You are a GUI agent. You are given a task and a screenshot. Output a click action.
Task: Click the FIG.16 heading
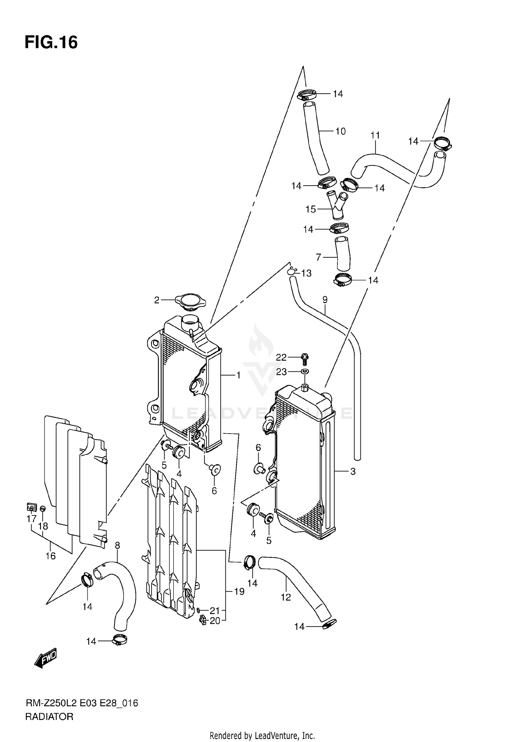pyautogui.click(x=51, y=42)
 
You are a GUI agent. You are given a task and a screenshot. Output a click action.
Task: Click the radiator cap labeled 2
pyautogui.click(x=191, y=302)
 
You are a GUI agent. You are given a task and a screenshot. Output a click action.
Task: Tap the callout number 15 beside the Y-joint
pyautogui.click(x=310, y=209)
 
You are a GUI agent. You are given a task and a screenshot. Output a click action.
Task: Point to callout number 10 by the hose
pyautogui.click(x=340, y=131)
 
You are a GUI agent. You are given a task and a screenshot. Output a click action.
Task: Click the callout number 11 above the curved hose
pyautogui.click(x=375, y=135)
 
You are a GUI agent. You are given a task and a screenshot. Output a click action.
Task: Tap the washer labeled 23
pyautogui.click(x=305, y=371)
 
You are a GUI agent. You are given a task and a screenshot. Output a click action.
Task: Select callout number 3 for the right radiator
pyautogui.click(x=353, y=472)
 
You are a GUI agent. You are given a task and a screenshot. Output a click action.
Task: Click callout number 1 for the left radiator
pyautogui.click(x=238, y=375)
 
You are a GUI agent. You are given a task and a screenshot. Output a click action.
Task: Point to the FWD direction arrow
pyautogui.click(x=45, y=659)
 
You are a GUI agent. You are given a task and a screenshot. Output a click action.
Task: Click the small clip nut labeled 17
pyautogui.click(x=31, y=507)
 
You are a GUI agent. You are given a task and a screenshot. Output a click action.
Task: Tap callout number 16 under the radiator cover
pyautogui.click(x=50, y=556)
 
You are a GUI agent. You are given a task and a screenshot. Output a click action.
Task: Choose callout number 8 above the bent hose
pyautogui.click(x=117, y=545)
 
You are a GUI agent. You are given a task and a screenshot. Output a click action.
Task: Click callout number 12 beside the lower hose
pyautogui.click(x=286, y=597)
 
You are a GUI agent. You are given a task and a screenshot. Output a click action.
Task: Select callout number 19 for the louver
pyautogui.click(x=239, y=592)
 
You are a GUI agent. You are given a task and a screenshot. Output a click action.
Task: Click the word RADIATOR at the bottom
pyautogui.click(x=49, y=717)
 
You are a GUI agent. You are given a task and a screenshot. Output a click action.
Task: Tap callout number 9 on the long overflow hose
pyautogui.click(x=325, y=300)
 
